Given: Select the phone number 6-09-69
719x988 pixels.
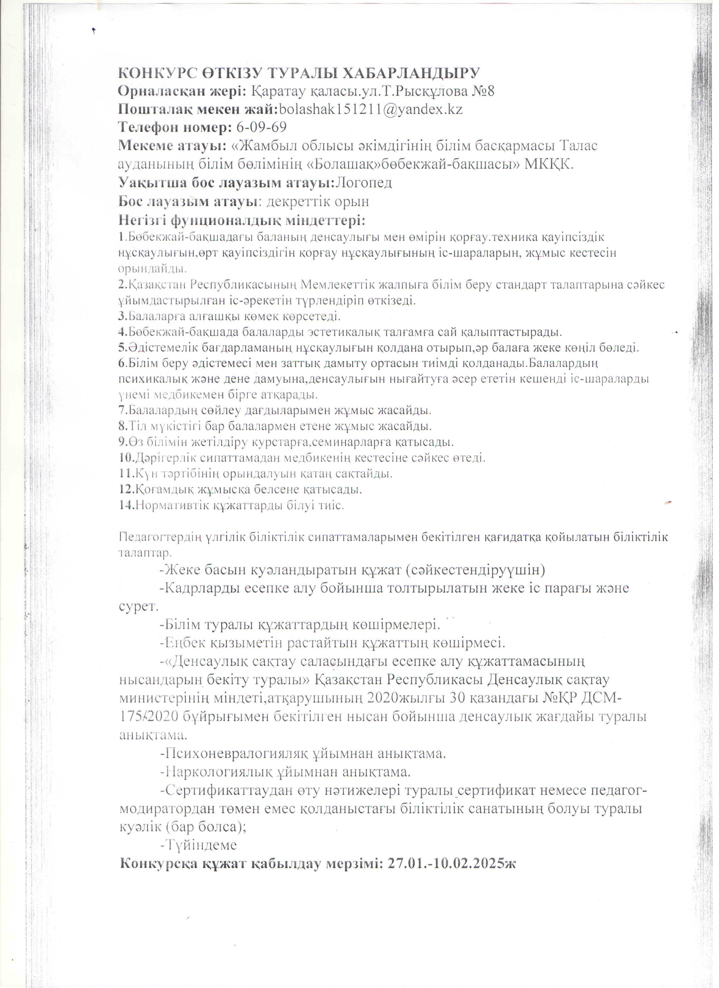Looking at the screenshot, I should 261,128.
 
